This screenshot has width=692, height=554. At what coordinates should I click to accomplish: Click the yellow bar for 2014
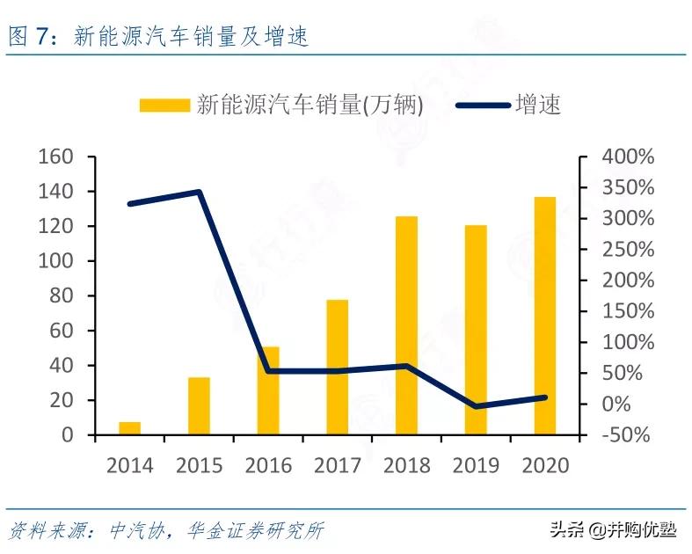tap(130, 428)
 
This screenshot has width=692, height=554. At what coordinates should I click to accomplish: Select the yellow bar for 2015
tap(199, 406)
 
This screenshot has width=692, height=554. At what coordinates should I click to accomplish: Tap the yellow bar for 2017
tap(338, 368)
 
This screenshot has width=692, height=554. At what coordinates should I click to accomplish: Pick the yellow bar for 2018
tap(406, 325)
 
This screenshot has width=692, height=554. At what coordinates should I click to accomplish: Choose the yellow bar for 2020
tap(545, 316)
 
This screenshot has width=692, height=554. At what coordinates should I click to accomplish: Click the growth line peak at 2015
tap(199, 192)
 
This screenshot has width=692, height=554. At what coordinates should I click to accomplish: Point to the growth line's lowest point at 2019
tap(476, 406)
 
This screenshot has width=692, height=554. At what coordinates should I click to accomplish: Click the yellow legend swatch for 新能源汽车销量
tap(164, 106)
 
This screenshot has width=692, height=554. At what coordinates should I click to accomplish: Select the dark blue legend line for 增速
tap(483, 106)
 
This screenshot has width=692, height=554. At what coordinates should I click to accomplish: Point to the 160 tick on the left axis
tap(55, 157)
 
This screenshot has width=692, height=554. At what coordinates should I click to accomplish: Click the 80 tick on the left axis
tap(62, 296)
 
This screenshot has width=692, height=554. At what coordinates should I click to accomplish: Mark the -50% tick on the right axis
tap(626, 435)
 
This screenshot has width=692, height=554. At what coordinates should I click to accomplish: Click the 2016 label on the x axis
tap(268, 464)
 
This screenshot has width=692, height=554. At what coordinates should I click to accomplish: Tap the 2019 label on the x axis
tap(476, 464)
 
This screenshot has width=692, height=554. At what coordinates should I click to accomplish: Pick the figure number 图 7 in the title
tap(32, 37)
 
